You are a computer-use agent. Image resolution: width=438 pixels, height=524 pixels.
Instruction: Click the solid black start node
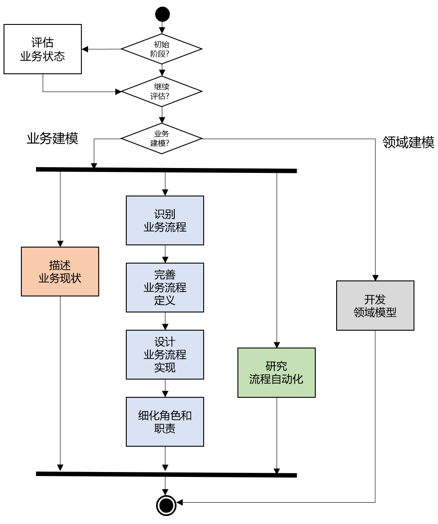(162, 14)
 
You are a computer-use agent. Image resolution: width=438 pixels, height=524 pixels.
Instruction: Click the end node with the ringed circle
(166, 505)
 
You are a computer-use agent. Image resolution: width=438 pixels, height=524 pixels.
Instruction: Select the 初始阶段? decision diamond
(162, 49)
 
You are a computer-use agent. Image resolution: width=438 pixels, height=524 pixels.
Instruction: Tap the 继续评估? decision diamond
(162, 92)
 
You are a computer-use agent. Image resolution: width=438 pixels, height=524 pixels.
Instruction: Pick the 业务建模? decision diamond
(162, 138)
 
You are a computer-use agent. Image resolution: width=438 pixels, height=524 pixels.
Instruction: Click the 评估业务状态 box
(43, 49)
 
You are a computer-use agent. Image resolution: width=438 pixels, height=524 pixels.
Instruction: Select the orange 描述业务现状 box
(60, 272)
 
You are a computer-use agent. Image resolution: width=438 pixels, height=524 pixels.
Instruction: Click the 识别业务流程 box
(165, 220)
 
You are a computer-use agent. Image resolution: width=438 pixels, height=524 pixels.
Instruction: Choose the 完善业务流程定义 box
(165, 288)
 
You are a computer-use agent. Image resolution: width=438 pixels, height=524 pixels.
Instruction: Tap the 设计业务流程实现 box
(165, 355)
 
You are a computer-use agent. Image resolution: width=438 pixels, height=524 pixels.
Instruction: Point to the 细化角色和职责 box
(165, 422)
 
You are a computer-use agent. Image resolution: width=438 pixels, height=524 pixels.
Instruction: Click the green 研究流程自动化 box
(277, 372)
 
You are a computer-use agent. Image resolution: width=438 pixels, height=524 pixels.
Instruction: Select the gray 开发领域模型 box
(375, 306)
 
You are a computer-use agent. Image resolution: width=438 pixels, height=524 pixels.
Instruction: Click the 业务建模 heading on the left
(52, 138)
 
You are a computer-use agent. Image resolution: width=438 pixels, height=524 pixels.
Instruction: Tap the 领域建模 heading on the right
(408, 142)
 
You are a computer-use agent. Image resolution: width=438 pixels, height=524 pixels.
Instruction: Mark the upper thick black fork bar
(166, 169)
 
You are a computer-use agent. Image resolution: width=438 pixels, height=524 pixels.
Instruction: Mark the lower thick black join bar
(166, 474)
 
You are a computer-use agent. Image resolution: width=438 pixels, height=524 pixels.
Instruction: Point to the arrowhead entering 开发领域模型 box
(375, 278)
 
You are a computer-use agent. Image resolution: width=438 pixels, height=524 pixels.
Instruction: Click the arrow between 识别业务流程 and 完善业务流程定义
(165, 255)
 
